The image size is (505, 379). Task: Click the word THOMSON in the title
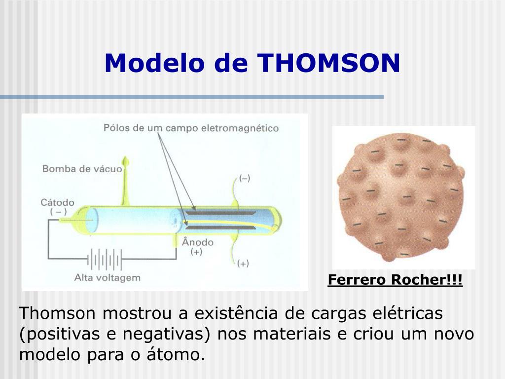pos(329,63)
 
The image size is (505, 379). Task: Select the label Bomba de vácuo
pos(82,169)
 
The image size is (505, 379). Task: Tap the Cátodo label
pos(57,202)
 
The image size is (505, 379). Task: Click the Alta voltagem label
pos(107,277)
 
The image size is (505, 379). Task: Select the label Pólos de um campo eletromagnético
pos(191,128)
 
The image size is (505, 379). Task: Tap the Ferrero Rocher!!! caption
pos(395,280)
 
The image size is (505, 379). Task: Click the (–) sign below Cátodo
pos(58,211)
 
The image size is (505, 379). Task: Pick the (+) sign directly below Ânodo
pos(197,252)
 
